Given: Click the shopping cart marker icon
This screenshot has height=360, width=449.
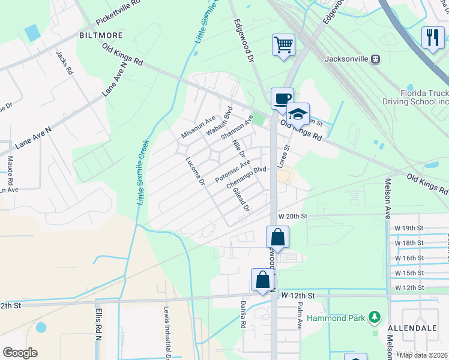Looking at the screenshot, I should click(283, 44).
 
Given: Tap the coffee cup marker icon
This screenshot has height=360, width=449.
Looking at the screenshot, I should click(282, 98).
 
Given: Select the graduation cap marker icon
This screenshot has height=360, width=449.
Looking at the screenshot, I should click(298, 113).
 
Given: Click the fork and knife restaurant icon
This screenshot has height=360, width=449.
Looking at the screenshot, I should click(433, 37).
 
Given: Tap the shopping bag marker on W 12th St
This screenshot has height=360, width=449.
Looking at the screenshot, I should click(262, 280).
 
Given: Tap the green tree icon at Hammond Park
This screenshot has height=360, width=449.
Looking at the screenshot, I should click(375, 316).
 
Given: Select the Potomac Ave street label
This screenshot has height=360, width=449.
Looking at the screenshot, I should click(232, 171).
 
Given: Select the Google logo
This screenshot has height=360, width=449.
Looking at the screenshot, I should click(20, 352).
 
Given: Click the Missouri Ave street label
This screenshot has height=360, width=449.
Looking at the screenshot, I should click(198, 127).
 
